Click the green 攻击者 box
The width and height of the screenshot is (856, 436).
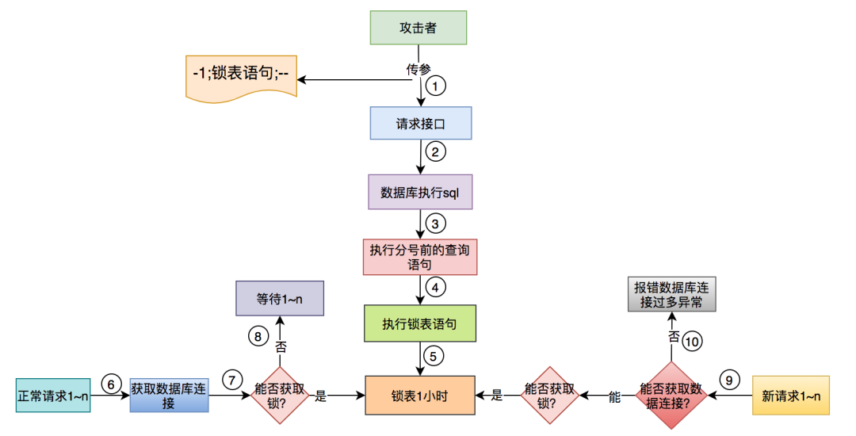pyautogui.click(x=418, y=28)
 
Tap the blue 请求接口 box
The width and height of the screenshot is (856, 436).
pyautogui.click(x=420, y=123)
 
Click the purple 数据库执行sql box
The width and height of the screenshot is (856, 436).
pyautogui.click(x=420, y=193)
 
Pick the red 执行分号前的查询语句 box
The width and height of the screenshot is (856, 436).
pyautogui.click(x=419, y=257)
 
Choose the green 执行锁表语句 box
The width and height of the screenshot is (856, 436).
pyautogui.click(x=419, y=323)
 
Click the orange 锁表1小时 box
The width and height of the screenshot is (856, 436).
pyautogui.click(x=419, y=395)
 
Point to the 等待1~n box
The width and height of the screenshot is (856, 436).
pyautogui.click(x=280, y=300)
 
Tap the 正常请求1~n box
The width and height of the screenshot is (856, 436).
pyautogui.click(x=54, y=395)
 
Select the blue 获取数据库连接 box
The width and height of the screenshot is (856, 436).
pyautogui.click(x=168, y=394)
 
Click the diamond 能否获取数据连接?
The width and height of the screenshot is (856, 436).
pyautogui.click(x=671, y=395)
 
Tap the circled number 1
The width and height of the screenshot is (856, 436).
pyautogui.click(x=434, y=86)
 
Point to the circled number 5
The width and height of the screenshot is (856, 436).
pyautogui.click(x=433, y=356)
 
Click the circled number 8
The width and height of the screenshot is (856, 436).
pyautogui.click(x=258, y=335)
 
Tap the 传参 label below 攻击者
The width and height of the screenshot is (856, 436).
pyautogui.click(x=418, y=69)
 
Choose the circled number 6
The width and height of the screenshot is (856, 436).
pyautogui.click(x=111, y=383)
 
